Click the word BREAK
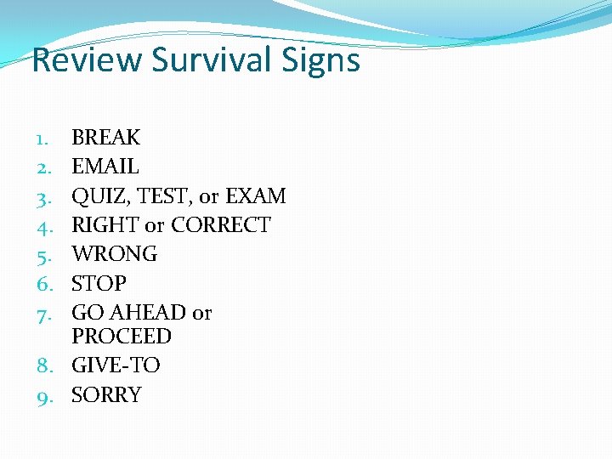[106, 138]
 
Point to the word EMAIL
[105, 167]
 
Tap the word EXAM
[255, 196]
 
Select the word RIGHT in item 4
[105, 225]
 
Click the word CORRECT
[221, 225]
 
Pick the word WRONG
[115, 254]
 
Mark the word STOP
[99, 283]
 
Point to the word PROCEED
[122, 337]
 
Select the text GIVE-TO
[116, 365]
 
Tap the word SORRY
[106, 395]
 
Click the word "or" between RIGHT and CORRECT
[155, 225]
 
